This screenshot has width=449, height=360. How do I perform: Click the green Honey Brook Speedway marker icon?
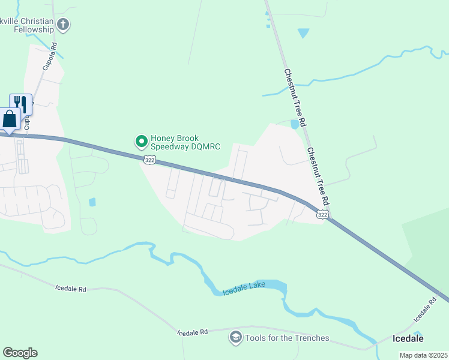(142, 142)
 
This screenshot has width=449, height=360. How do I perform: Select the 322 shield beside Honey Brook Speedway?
(150, 159)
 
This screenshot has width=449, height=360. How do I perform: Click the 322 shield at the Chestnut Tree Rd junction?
(322, 214)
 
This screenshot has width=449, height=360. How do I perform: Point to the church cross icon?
(64, 25)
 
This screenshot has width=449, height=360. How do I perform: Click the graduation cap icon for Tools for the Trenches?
(235, 338)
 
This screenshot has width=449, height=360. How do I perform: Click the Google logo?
(20, 353)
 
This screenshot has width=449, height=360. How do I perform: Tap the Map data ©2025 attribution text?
(423, 355)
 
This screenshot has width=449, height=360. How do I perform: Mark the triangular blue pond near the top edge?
(303, 33)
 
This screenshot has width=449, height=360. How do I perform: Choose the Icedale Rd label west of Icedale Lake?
(70, 289)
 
